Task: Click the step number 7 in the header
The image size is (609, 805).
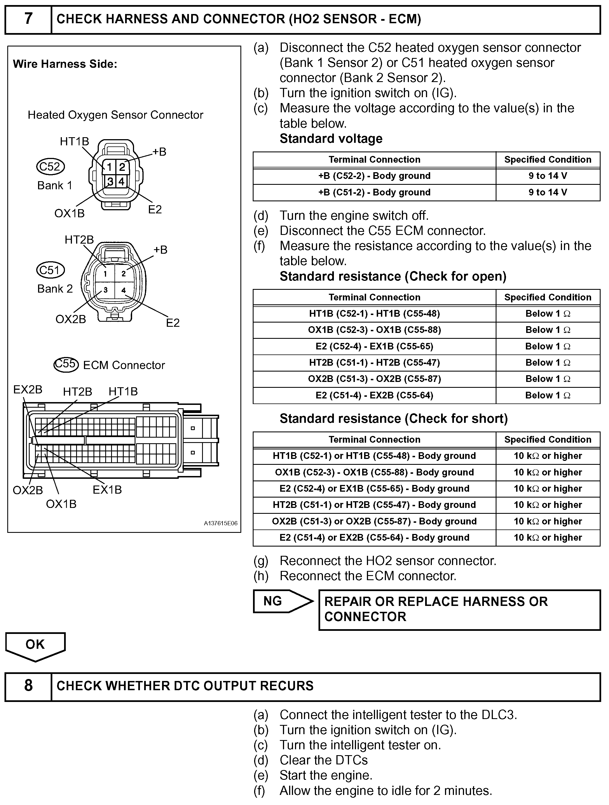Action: pyautogui.click(x=28, y=19)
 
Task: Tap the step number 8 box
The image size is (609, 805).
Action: pyautogui.click(x=28, y=686)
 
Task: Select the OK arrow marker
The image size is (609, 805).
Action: pyautogui.click(x=35, y=645)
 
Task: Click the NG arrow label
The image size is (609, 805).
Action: pyautogui.click(x=273, y=601)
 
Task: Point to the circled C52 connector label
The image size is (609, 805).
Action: pyautogui.click(x=50, y=167)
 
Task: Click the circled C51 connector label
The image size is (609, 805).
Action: pyautogui.click(x=50, y=270)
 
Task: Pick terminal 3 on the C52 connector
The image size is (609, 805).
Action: pyautogui.click(x=110, y=181)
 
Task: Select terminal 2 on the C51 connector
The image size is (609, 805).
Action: pyautogui.click(x=124, y=274)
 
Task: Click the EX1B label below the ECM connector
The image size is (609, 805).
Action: pyautogui.click(x=107, y=490)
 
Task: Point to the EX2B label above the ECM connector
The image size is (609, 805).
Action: pyautogui.click(x=28, y=390)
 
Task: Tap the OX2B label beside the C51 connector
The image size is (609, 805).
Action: pyautogui.click(x=71, y=319)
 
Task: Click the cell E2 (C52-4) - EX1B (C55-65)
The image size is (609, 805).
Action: pyautogui.click(x=374, y=346)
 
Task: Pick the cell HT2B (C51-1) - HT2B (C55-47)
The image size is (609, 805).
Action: pyautogui.click(x=374, y=363)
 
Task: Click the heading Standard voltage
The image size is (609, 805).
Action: pyautogui.click(x=331, y=139)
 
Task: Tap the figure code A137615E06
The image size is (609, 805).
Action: pyautogui.click(x=221, y=523)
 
